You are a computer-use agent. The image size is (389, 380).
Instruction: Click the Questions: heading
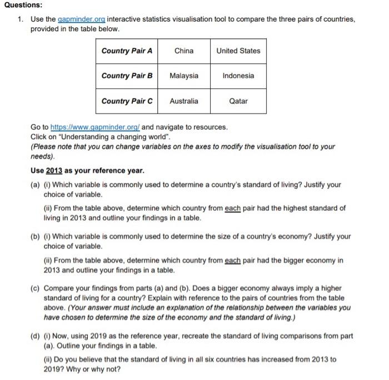pos(22,5)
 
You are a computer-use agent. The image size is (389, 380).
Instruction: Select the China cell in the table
pos(184,51)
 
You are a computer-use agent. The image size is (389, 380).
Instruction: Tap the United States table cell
pos(238,51)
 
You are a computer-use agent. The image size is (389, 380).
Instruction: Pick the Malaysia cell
pos(184,76)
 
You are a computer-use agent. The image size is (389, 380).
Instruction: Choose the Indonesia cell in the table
pos(238,76)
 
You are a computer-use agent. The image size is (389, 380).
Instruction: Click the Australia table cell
pos(184,101)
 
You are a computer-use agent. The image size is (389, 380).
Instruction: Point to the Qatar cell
pos(238,101)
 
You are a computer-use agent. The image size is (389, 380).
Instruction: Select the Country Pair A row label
pos(127,51)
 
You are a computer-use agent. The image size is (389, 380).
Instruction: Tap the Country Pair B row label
pos(127,76)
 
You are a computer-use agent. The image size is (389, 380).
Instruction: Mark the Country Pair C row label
pos(127,101)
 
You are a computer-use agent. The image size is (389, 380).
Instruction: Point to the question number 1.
pos(19,19)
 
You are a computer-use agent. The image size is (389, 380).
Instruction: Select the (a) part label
pos(35,184)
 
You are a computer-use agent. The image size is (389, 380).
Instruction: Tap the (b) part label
pos(35,236)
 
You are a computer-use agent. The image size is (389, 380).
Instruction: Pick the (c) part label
pos(35,288)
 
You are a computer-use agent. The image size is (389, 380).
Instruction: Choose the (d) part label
pos(35,336)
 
